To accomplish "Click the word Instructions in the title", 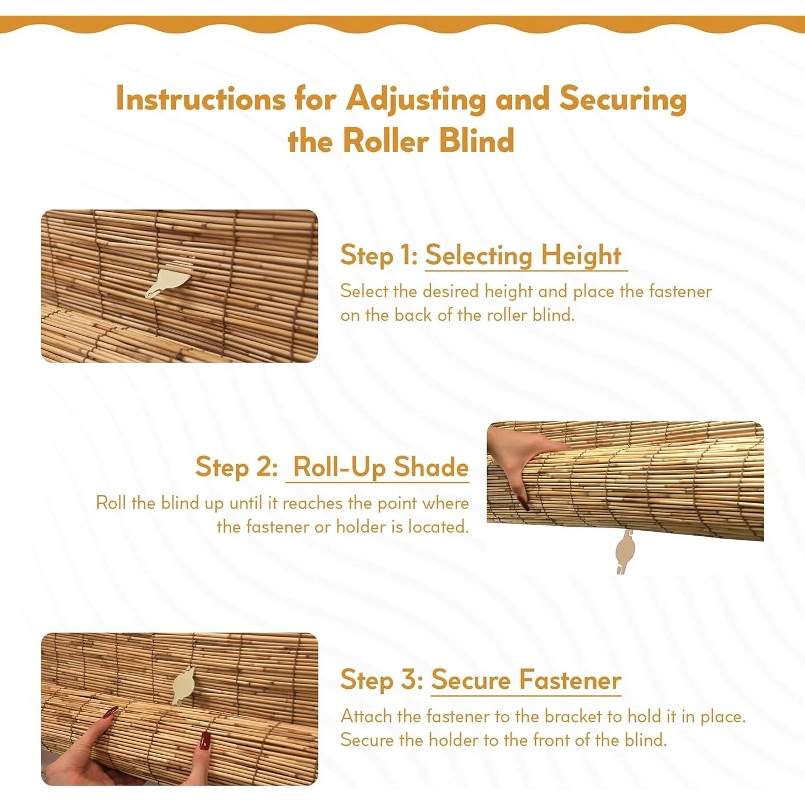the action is pyautogui.click(x=201, y=100).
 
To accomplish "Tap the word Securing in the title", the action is pyautogui.click(x=623, y=100).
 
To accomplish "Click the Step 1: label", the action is pyautogui.click(x=379, y=255).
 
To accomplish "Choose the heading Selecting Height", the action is pyautogui.click(x=523, y=256).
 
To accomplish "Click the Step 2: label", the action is pyautogui.click(x=236, y=466).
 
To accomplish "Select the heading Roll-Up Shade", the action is pyautogui.click(x=380, y=467).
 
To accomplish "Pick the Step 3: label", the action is pyautogui.click(x=382, y=680).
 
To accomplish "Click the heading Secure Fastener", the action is pyautogui.click(x=526, y=680).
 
